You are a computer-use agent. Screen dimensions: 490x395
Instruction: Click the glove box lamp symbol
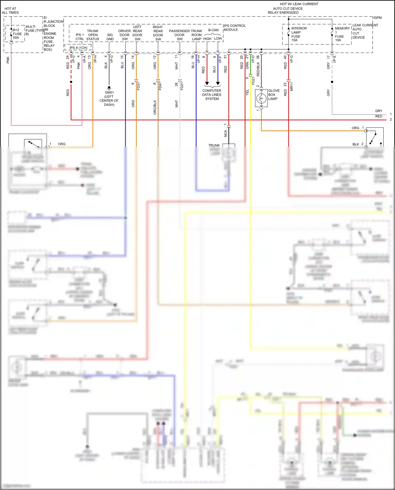[x=261, y=98]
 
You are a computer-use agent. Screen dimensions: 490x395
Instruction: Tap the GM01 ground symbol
[x=109, y=87]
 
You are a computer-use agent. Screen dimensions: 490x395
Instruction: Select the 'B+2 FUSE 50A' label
[x=17, y=34]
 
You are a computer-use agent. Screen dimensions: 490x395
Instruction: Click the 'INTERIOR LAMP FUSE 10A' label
[x=299, y=34]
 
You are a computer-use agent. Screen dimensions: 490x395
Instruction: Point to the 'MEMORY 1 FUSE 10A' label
[x=342, y=34]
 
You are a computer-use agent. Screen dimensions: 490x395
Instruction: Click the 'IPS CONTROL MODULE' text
[x=234, y=28]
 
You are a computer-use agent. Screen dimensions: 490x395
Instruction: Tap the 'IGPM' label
[x=377, y=18]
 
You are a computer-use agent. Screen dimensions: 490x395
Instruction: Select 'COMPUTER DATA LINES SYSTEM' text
[x=212, y=95]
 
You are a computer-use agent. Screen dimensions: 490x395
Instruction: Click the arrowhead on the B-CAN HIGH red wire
[x=207, y=83]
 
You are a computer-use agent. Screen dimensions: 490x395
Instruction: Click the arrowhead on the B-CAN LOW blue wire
[x=218, y=83]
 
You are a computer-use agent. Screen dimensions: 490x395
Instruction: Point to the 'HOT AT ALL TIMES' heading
[x=10, y=11]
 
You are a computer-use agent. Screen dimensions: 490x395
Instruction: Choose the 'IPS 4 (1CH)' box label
[x=78, y=48]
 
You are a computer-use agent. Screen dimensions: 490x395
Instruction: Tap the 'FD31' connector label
[x=139, y=86]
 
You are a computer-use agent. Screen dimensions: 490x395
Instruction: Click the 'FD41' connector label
[x=160, y=86]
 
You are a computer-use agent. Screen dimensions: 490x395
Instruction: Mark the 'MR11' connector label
[x=292, y=87]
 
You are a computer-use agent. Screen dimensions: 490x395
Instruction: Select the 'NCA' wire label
[x=225, y=133]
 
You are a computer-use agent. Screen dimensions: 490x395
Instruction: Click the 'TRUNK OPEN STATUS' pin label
[x=93, y=35]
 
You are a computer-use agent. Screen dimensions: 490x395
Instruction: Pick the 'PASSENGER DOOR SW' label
[x=179, y=35]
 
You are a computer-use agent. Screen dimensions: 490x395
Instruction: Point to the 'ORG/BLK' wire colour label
[x=155, y=107]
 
